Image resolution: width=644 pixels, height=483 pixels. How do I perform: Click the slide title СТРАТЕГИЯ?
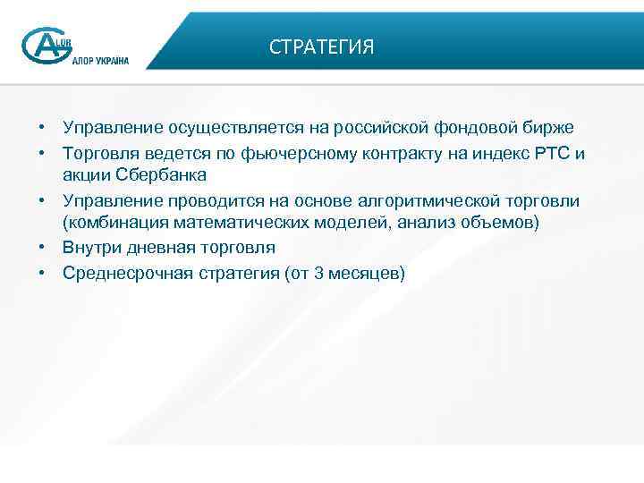(x=321, y=47)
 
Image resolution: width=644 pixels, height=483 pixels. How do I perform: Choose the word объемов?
(x=505, y=221)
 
